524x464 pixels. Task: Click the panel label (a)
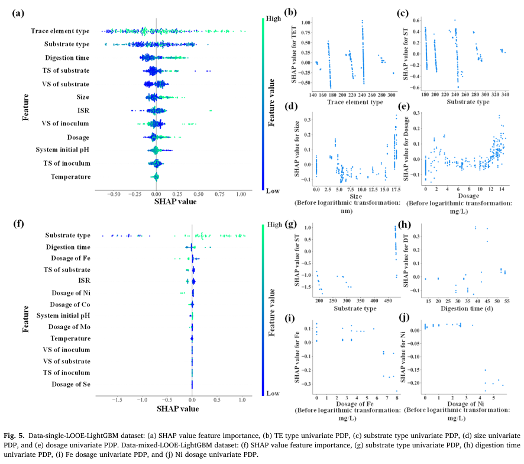point(18,13)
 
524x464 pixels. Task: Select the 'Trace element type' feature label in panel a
point(60,30)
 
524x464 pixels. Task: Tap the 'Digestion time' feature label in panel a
point(67,57)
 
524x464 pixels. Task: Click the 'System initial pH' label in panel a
point(63,150)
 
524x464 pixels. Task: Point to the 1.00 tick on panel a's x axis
point(241,194)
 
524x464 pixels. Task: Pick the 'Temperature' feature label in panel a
point(71,176)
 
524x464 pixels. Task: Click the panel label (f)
point(18,224)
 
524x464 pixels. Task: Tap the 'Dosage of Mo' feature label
point(69,327)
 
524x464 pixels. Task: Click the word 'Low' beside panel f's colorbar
point(274,393)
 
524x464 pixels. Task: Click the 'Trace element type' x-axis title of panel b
point(355,102)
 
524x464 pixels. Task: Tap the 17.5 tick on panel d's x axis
point(396,189)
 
